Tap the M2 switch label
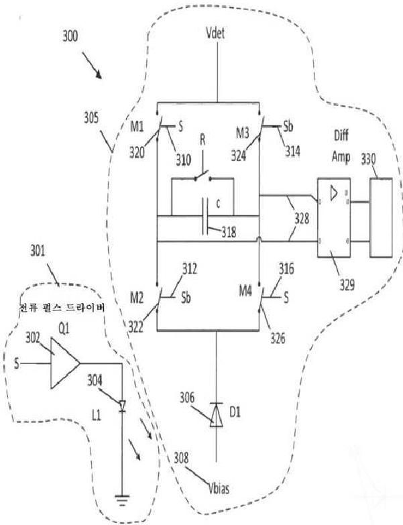[136, 297]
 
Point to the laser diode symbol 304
[121, 405]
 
